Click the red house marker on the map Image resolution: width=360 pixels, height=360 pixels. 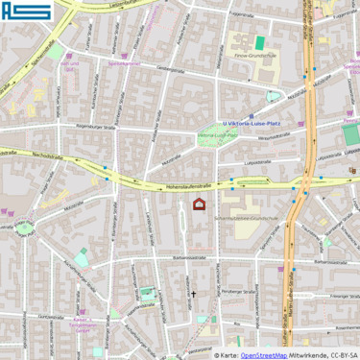tap(200, 204)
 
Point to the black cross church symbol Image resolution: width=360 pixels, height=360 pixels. tap(193, 295)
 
